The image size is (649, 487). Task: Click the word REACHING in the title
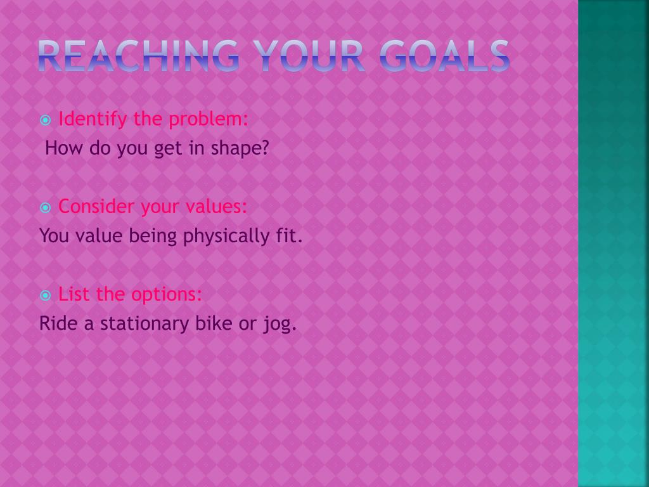point(138,56)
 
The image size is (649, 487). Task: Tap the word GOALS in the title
point(444,56)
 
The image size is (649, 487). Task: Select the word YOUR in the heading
point(309,56)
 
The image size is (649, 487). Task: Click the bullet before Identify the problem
point(46,120)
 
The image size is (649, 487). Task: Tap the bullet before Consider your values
point(46,207)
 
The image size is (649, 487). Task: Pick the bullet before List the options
point(46,295)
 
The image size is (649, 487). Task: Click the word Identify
point(93,119)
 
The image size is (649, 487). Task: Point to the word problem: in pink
point(208,119)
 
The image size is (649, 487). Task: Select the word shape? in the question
point(240,148)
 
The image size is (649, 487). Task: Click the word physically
point(226,237)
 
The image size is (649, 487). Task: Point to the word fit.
point(289,236)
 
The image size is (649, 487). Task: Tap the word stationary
point(145,324)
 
